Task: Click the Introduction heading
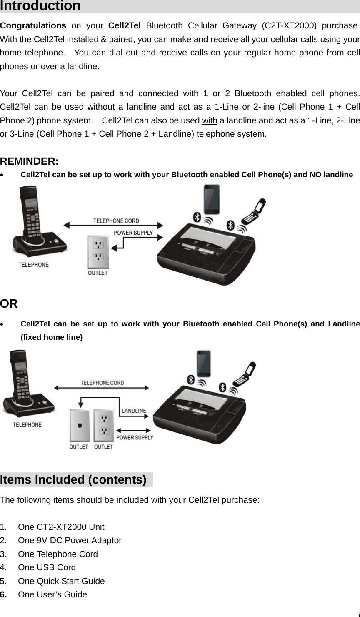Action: point(40,6)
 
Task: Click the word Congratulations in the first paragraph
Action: point(33,25)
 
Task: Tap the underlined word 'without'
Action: point(101,107)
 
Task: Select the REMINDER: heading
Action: point(29,161)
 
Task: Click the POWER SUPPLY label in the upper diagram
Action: point(133,233)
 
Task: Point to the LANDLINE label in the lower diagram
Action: point(134,411)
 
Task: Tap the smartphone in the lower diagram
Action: point(204,364)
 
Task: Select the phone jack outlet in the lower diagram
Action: point(79,425)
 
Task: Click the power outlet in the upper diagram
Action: point(98,252)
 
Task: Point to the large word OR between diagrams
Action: point(9,304)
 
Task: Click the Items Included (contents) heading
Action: point(73,480)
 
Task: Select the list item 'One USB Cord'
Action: point(47,567)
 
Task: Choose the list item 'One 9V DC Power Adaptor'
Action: point(70,540)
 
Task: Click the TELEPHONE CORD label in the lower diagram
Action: point(102,382)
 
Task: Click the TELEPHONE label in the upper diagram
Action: point(33,265)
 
